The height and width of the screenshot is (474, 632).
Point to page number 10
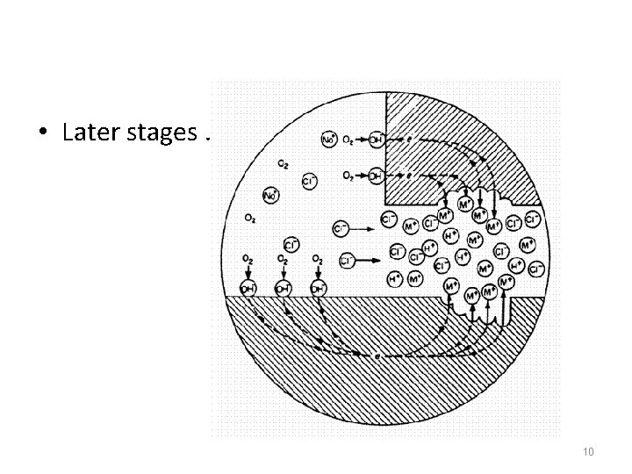pos(588,451)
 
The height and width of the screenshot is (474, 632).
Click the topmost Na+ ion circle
pos(329,139)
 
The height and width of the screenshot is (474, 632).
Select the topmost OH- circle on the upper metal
pos(376,139)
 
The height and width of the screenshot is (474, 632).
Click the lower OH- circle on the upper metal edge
pos(376,176)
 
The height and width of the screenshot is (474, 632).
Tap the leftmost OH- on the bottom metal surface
pos(250,286)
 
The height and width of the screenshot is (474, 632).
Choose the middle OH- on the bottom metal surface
pos(283,286)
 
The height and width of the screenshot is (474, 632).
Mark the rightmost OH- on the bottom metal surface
pos(318,286)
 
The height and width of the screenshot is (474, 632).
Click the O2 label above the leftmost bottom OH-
pos(250,260)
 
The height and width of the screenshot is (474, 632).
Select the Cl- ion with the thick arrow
pos(346,261)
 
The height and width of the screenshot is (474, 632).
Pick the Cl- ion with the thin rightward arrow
pos(341,228)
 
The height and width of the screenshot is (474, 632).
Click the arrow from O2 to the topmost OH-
pos(362,139)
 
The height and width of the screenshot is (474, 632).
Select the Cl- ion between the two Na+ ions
pos(309,181)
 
